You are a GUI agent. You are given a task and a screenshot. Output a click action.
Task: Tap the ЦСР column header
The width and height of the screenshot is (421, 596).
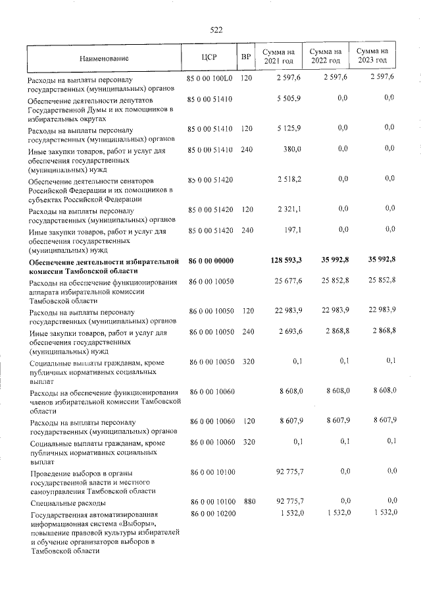(x=210, y=57)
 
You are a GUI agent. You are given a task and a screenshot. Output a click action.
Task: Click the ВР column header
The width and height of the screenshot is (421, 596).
(x=246, y=57)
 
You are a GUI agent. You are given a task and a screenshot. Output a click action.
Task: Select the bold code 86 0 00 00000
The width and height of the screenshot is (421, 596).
(x=211, y=261)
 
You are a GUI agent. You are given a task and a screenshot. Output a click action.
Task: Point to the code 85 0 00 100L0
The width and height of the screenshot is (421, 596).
(x=210, y=78)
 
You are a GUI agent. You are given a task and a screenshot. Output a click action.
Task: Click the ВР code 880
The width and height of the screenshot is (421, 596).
(x=249, y=501)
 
